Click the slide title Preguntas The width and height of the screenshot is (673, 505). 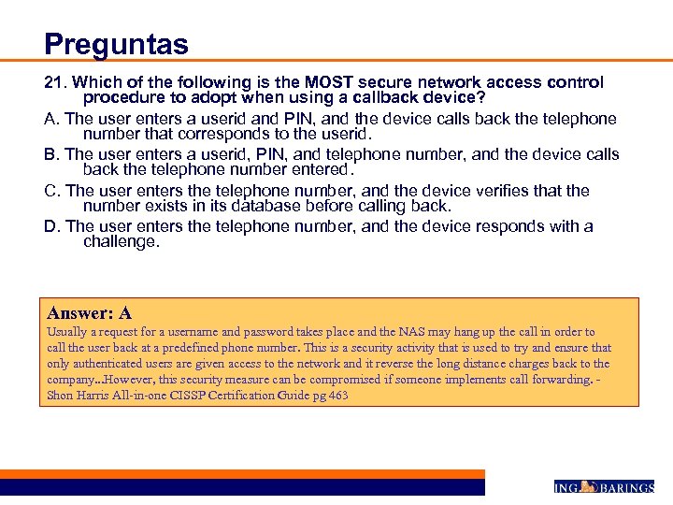coord(116,44)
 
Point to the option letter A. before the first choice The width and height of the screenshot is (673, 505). coord(51,119)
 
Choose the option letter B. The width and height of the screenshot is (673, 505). coord(51,154)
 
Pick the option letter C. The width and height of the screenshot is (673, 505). coord(51,191)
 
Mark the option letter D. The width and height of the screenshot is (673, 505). coord(51,226)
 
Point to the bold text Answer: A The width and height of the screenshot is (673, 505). coord(89,313)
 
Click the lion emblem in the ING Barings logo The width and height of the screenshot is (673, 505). coord(589,486)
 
